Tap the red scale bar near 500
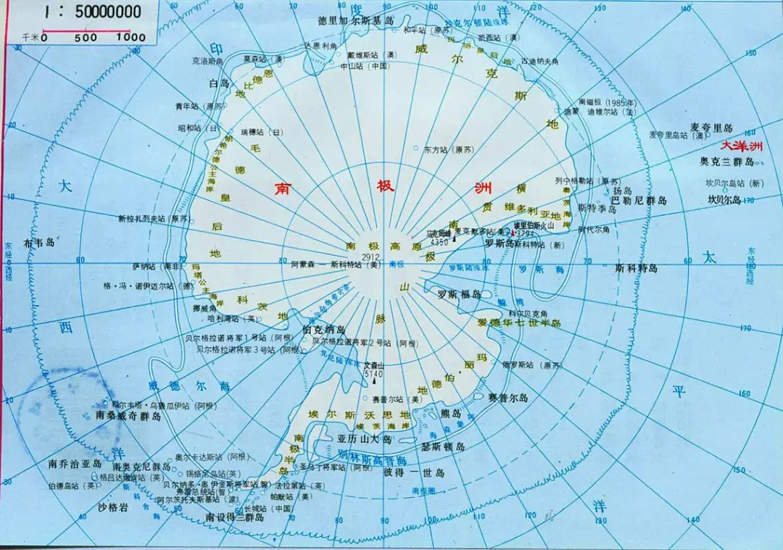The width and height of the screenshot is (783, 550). tap(86, 30)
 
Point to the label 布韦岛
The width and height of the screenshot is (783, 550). tap(39, 243)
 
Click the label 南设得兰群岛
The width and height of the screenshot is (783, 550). tap(233, 517)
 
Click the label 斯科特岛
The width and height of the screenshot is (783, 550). tap(636, 268)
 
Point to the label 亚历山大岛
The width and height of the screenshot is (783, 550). tap(365, 439)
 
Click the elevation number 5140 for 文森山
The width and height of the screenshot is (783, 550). tap(372, 374)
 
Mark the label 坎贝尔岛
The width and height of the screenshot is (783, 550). tap(724, 199)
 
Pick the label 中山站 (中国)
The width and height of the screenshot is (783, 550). tap(365, 66)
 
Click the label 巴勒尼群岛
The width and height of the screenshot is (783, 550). tap(637, 200)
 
